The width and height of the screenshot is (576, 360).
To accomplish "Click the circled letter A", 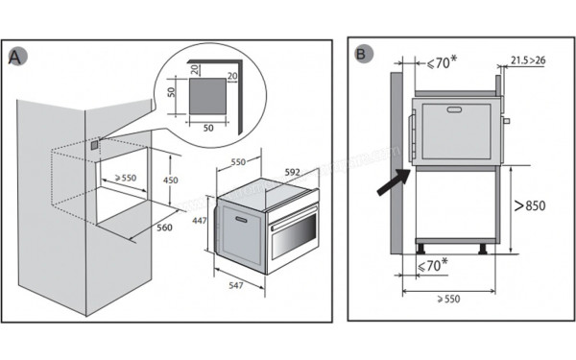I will click(16, 57).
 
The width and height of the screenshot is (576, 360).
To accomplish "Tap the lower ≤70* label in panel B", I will click(434, 263).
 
